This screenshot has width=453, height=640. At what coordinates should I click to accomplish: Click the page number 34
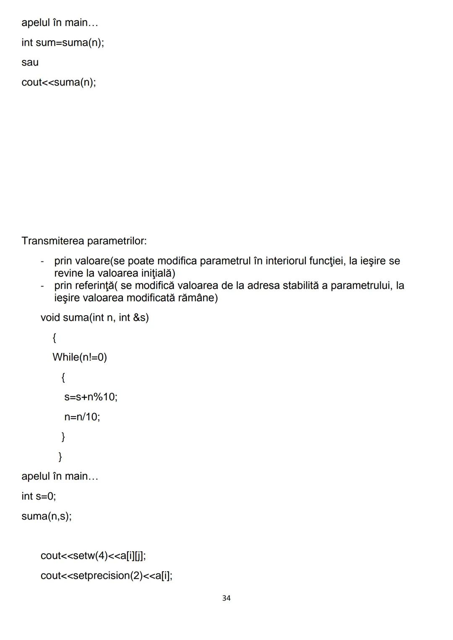(226, 598)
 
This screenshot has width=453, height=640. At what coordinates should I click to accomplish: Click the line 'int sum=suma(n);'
(63, 42)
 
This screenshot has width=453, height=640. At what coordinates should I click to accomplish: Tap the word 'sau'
(30, 62)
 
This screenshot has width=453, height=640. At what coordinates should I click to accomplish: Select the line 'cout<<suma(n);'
(59, 82)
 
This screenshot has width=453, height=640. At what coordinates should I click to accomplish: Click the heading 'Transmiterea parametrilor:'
(84, 241)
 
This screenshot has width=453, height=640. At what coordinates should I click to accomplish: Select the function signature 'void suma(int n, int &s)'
(94, 318)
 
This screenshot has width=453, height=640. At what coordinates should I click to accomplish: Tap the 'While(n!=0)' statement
(80, 357)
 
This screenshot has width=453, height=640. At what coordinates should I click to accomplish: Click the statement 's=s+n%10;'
(91, 396)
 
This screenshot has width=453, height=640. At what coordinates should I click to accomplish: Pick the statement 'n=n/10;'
(82, 417)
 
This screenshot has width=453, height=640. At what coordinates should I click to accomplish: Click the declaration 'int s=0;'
(39, 496)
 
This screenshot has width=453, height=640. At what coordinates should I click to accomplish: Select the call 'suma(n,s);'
(47, 516)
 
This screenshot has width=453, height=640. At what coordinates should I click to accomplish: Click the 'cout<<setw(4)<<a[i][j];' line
(93, 556)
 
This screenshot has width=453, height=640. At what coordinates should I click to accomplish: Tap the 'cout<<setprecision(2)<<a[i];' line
(107, 575)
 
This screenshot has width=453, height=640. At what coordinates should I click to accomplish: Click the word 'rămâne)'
(200, 298)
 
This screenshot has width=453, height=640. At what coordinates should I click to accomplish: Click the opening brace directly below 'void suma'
(55, 337)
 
